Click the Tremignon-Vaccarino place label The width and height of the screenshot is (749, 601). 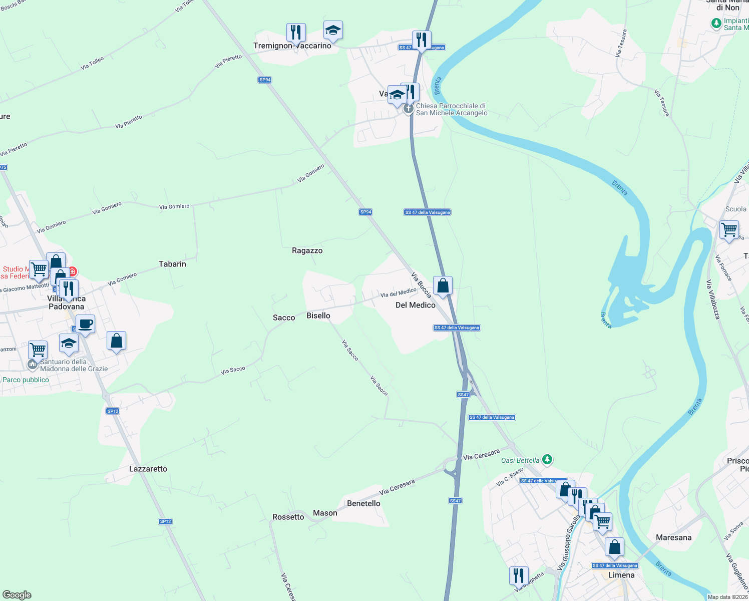click(292, 46)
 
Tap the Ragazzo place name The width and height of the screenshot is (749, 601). click(307, 250)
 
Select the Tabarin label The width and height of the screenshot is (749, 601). click(172, 264)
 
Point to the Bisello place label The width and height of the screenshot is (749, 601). click(318, 316)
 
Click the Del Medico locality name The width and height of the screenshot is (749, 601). click(416, 305)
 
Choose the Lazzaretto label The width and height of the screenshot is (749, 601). click(148, 469)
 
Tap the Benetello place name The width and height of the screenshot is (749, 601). click(363, 503)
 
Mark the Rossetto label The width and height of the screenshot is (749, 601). click(288, 517)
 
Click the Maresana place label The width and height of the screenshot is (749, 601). click(673, 537)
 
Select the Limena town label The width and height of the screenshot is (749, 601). click(621, 575)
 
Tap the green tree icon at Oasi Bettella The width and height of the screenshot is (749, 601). click(548, 459)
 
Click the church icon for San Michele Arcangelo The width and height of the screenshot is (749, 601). click(409, 109)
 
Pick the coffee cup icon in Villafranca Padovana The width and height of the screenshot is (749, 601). click(85, 324)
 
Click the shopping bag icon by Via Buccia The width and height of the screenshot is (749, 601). click(443, 285)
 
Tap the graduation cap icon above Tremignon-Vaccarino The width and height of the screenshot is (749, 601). click(333, 31)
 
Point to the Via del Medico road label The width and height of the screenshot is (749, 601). click(398, 292)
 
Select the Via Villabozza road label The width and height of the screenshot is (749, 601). click(713, 299)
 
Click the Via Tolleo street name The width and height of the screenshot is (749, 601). click(93, 63)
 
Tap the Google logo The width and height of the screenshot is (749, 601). click(17, 595)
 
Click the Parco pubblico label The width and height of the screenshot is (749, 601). click(26, 380)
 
